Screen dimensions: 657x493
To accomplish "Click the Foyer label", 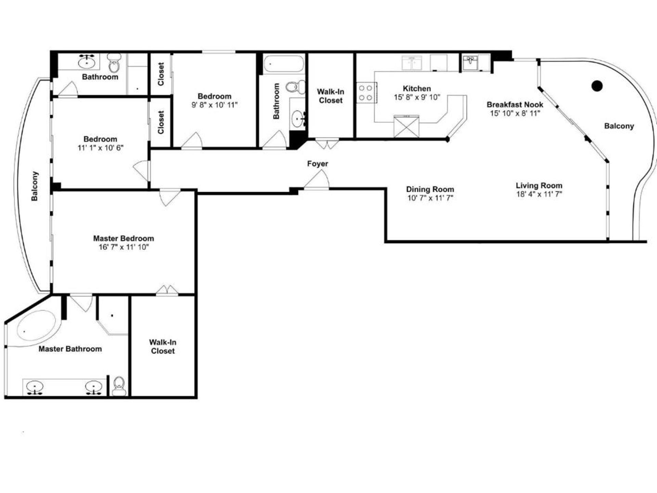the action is (x=318, y=164).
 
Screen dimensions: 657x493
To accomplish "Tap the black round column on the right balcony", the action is (x=597, y=86).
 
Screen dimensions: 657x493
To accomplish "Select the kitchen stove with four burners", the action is (x=366, y=92).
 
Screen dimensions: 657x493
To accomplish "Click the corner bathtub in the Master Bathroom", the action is (x=36, y=326).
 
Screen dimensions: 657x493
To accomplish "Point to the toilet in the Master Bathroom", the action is (x=119, y=386).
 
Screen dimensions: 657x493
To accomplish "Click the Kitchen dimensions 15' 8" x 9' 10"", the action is (x=417, y=97).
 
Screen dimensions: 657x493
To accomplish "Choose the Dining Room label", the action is (x=430, y=189).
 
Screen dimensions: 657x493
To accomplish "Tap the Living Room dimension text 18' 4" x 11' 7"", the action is (x=539, y=194).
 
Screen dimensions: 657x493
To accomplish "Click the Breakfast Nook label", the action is (x=515, y=104).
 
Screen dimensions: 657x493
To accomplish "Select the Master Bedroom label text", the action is (x=124, y=238).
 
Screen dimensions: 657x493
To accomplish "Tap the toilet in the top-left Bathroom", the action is (x=114, y=63).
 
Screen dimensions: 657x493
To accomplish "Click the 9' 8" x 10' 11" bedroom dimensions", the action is (x=215, y=105).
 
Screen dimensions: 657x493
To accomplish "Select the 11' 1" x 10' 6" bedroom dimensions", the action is (x=100, y=148).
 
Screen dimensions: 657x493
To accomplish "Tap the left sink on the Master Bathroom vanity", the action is (x=35, y=388).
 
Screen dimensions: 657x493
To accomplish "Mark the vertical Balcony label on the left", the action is (x=35, y=186).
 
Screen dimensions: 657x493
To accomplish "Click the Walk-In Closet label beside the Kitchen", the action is (x=331, y=96).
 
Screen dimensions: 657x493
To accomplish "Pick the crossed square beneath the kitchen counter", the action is (x=406, y=127).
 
